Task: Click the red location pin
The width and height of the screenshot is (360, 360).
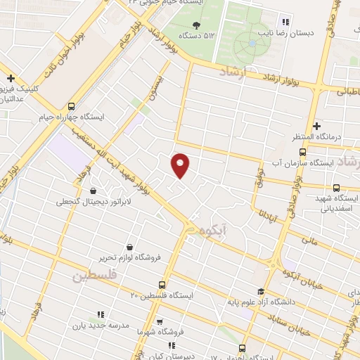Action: (181, 165)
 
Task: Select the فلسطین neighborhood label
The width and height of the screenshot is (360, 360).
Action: (91, 276)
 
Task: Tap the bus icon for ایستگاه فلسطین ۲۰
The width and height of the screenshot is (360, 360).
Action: (162, 285)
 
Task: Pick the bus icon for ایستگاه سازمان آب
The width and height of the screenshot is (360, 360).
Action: (303, 151)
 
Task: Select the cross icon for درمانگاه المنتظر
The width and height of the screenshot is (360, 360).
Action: (317, 124)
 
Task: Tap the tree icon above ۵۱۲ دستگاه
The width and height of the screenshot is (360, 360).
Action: (195, 25)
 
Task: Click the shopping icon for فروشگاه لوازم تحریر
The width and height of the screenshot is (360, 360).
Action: (131, 247)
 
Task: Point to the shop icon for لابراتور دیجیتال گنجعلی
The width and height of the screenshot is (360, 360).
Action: (94, 190)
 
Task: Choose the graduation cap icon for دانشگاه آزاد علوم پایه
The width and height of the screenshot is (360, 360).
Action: (261, 292)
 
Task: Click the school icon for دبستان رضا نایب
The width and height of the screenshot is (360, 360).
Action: (284, 20)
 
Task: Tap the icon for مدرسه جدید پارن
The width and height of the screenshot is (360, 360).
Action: (100, 314)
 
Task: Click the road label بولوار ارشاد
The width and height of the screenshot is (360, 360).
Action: (295, 83)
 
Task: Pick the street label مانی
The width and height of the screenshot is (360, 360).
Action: (309, 240)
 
